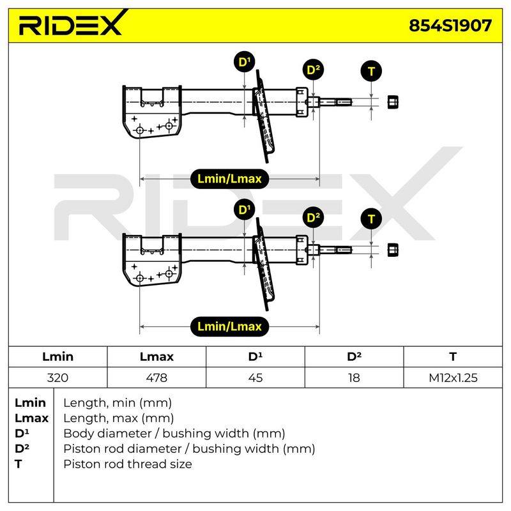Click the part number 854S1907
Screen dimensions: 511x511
click(x=450, y=26)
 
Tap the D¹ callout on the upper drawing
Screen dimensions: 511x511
click(x=245, y=61)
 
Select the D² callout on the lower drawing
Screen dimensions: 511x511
click(x=313, y=217)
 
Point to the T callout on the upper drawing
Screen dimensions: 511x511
click(x=371, y=71)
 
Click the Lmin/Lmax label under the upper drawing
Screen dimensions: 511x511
click(x=229, y=179)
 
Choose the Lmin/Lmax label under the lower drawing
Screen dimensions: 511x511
click(x=229, y=326)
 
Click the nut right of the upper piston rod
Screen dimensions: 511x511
click(x=393, y=102)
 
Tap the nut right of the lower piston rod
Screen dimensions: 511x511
click(x=393, y=250)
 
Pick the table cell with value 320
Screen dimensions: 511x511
click(x=57, y=378)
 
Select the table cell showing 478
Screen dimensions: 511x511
click(x=156, y=378)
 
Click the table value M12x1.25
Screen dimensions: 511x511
click(x=453, y=378)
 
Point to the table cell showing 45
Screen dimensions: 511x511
click(x=255, y=378)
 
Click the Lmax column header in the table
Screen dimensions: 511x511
click(x=156, y=356)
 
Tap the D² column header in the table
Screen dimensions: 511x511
click(x=355, y=356)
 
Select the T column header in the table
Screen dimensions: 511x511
click(x=453, y=356)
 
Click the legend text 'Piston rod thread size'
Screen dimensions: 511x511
click(x=128, y=464)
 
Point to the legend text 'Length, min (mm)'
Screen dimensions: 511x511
click(x=118, y=403)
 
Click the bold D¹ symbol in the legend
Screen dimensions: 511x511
click(x=22, y=433)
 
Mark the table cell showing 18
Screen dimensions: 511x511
click(x=355, y=378)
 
